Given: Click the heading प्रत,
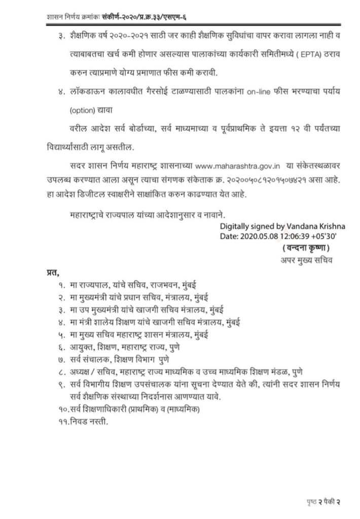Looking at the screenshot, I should (50, 274).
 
